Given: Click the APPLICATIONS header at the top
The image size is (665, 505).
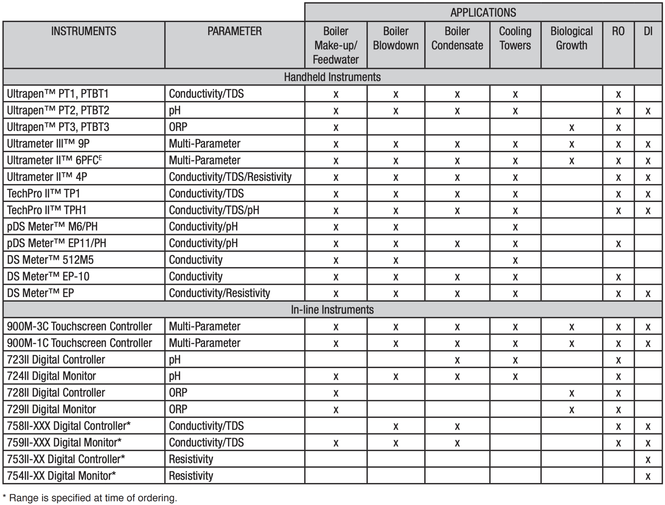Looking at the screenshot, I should (483, 13).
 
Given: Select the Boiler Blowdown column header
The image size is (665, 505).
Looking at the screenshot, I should (395, 38).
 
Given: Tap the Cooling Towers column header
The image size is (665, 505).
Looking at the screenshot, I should (515, 38).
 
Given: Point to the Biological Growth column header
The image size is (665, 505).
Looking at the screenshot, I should (571, 38).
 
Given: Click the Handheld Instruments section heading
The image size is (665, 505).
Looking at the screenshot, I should (332, 77).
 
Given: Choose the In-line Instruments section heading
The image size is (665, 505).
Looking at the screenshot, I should (332, 310).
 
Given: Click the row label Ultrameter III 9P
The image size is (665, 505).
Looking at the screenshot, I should (48, 144).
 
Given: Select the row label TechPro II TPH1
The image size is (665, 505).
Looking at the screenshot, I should (47, 210).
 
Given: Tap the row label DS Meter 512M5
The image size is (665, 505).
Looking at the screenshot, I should (50, 260).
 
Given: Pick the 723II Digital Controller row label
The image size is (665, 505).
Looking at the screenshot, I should (56, 360).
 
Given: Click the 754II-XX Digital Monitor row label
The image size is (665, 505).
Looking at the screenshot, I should (61, 476).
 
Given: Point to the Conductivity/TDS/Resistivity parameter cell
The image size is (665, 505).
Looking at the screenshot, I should (230, 177).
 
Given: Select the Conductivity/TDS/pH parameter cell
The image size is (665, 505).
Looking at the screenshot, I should (214, 210).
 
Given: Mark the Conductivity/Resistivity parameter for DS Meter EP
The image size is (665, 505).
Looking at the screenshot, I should (219, 293).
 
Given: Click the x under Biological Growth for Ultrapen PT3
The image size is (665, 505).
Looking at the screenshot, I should (571, 127).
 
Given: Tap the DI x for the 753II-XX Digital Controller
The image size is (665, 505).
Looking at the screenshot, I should (648, 460).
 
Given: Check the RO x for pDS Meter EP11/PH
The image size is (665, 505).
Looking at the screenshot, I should (618, 244).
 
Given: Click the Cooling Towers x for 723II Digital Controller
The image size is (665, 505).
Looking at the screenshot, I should (515, 360).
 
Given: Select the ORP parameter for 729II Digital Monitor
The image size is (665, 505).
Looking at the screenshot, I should (178, 409).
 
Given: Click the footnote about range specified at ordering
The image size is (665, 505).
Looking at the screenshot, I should (90, 498).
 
